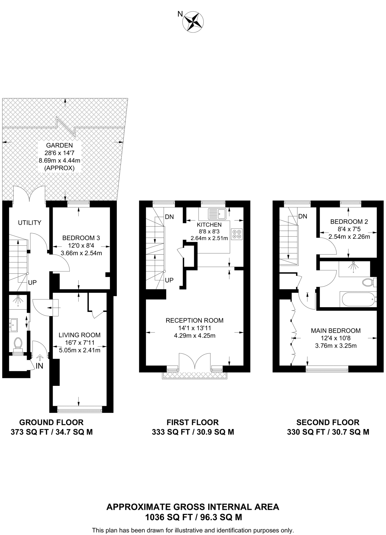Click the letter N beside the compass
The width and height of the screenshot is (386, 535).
click(180, 14)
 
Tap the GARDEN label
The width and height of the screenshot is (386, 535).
click(60, 145)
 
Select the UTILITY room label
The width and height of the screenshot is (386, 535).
click(29, 223)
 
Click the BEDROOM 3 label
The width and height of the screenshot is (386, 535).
click(81, 238)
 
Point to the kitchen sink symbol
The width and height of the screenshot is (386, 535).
click(217, 214)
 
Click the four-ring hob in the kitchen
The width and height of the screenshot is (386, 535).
click(236, 234)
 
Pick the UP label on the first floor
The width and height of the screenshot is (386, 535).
click(169, 280)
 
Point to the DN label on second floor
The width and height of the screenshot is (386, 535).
click(303, 216)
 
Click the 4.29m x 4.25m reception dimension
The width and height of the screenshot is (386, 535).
click(195, 336)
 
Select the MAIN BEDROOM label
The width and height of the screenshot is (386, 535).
click(336, 331)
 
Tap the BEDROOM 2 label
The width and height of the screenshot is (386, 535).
click(349, 222)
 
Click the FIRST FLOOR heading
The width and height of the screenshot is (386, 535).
click(193, 422)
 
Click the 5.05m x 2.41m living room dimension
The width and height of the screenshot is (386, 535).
click(80, 350)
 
